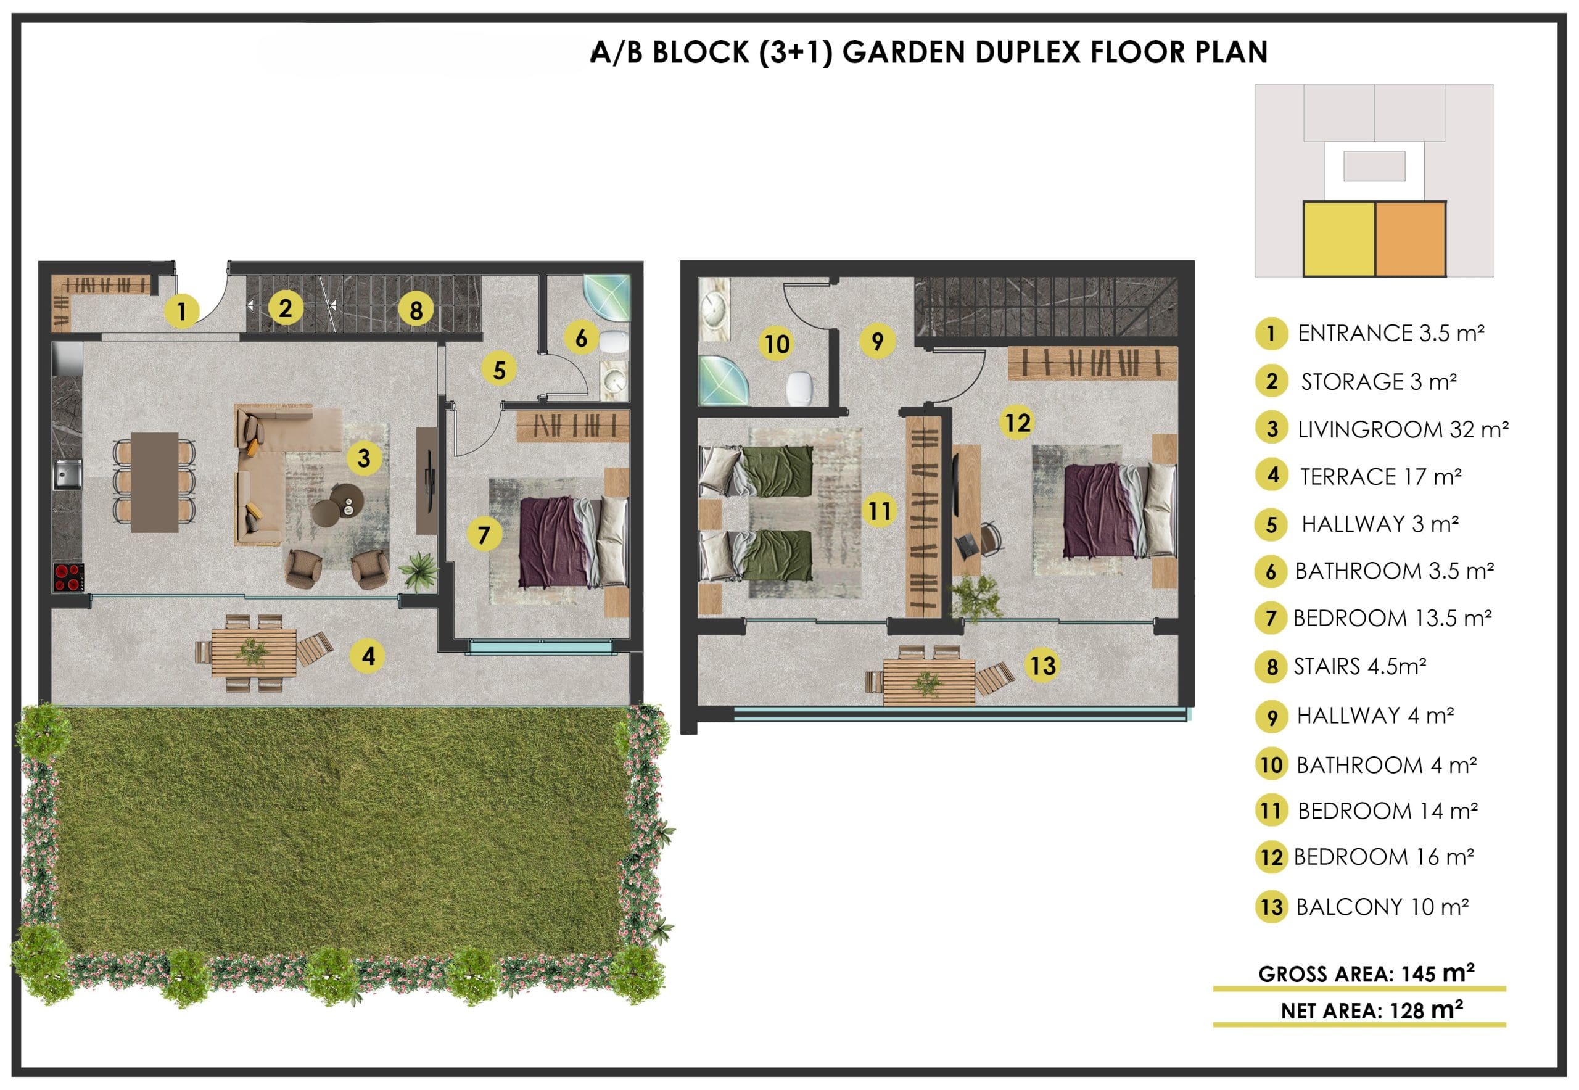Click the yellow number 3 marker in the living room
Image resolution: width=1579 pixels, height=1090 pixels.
pyautogui.click(x=363, y=458)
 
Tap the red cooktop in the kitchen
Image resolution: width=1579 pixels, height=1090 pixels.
pyautogui.click(x=68, y=577)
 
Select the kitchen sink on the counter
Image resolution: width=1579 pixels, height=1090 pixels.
pyautogui.click(x=67, y=474)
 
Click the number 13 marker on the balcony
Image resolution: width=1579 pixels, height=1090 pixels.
pyautogui.click(x=1042, y=665)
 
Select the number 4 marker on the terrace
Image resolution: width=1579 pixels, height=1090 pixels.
pyautogui.click(x=368, y=656)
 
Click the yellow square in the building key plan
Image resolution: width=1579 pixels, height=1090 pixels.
pyautogui.click(x=1338, y=239)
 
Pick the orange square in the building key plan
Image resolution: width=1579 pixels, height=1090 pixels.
pyautogui.click(x=1409, y=239)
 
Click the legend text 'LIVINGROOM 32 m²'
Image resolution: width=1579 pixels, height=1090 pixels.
pyautogui.click(x=1403, y=429)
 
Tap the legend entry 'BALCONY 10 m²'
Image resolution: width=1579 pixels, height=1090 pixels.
pyautogui.click(x=1382, y=907)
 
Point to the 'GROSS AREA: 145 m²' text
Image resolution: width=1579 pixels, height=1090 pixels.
pyautogui.click(x=1366, y=973)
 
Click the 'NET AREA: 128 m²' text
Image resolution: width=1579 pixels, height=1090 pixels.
pyautogui.click(x=1371, y=1010)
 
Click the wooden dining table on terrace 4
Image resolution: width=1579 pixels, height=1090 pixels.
pyautogui.click(x=254, y=652)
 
